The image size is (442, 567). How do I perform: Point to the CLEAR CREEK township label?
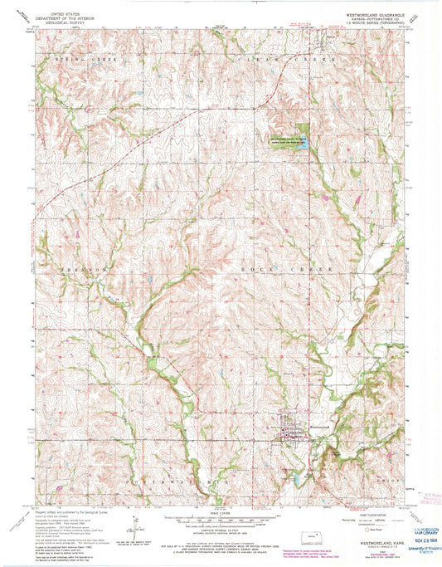click(274, 61)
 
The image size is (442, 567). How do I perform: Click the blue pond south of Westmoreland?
click(294, 479)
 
